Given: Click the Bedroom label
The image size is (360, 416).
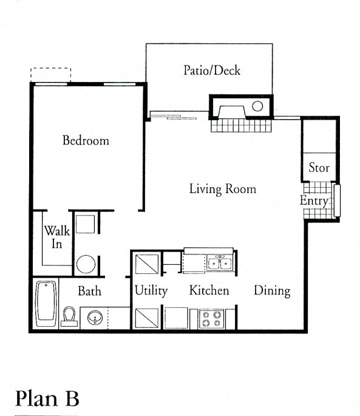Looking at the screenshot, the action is (86, 140).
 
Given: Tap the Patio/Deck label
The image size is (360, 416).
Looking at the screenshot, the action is (212, 70).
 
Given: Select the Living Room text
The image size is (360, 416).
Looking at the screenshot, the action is (223, 189).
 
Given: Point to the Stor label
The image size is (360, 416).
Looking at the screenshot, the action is (319, 168).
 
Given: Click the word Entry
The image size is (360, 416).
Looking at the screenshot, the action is (314, 200).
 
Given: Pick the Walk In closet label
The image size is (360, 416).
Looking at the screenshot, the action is (57, 237).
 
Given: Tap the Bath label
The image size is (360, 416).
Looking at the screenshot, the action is (90, 291).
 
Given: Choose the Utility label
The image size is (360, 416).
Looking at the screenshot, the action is (151, 291).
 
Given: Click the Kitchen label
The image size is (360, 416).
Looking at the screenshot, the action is (209, 290).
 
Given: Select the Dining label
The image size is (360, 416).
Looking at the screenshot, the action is (272, 291).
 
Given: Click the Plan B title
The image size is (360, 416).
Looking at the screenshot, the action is (47, 398).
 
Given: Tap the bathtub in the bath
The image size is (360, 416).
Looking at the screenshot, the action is (46, 304).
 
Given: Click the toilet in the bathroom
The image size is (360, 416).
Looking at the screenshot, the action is (69, 316).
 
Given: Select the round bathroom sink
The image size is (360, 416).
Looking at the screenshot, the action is (95, 317).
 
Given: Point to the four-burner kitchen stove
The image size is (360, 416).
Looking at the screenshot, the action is (211, 319).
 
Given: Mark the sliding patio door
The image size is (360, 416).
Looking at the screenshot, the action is (174, 117).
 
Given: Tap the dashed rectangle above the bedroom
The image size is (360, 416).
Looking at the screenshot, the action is (50, 75).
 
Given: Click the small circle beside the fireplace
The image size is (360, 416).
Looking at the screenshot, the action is (257, 106).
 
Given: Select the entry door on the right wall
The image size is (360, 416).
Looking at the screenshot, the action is (337, 200).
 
